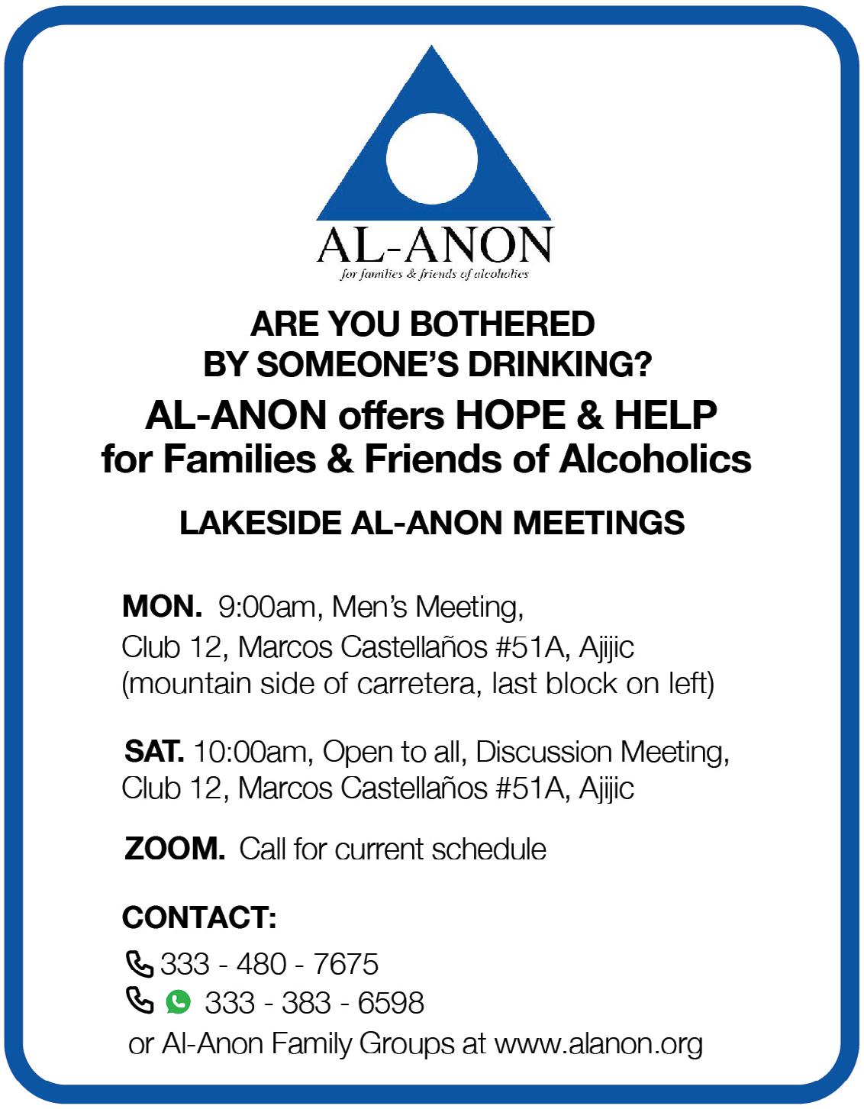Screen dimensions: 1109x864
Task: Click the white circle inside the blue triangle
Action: click(x=432, y=162)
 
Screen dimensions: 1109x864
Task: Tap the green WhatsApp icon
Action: click(x=178, y=1001)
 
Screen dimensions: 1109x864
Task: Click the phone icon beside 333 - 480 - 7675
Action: click(x=139, y=964)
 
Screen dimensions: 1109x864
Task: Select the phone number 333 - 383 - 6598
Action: click(x=314, y=1002)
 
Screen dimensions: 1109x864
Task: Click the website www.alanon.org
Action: click(x=598, y=1043)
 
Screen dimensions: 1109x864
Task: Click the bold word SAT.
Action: click(x=154, y=752)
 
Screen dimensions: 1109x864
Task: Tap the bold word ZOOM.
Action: click(x=174, y=849)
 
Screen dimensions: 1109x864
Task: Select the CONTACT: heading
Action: click(x=199, y=917)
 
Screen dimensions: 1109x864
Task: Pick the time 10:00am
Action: click(x=250, y=753)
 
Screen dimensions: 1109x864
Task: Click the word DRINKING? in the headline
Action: click(x=561, y=366)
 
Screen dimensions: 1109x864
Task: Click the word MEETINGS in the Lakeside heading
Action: click(x=598, y=524)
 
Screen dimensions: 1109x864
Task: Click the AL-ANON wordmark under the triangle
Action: click(x=434, y=245)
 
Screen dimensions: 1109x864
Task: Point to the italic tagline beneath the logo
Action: click(x=434, y=274)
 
